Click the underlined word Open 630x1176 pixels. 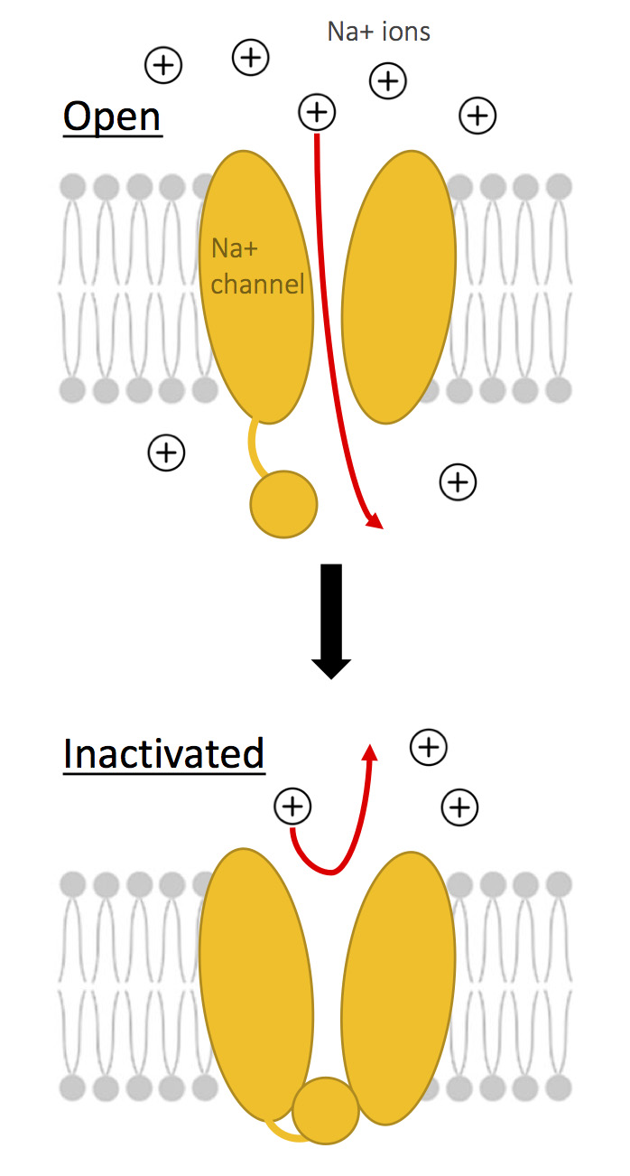point(112,117)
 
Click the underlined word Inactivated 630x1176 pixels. point(163,753)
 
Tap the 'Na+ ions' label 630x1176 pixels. point(378,33)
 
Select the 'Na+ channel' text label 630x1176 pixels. point(256,267)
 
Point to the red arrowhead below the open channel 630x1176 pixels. point(373,520)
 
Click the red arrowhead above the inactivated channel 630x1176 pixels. point(368,753)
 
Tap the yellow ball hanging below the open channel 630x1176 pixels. point(283,504)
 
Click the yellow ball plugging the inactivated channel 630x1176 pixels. point(326,1110)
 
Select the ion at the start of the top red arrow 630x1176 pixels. point(316,112)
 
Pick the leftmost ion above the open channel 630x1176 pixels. point(163,65)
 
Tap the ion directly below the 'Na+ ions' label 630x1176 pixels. point(388,81)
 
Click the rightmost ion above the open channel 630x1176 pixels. point(477,115)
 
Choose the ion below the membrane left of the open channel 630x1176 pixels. point(166,452)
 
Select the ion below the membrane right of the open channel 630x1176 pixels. point(458,482)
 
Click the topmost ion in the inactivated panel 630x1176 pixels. point(429,746)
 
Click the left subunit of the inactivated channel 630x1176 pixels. point(255,985)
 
